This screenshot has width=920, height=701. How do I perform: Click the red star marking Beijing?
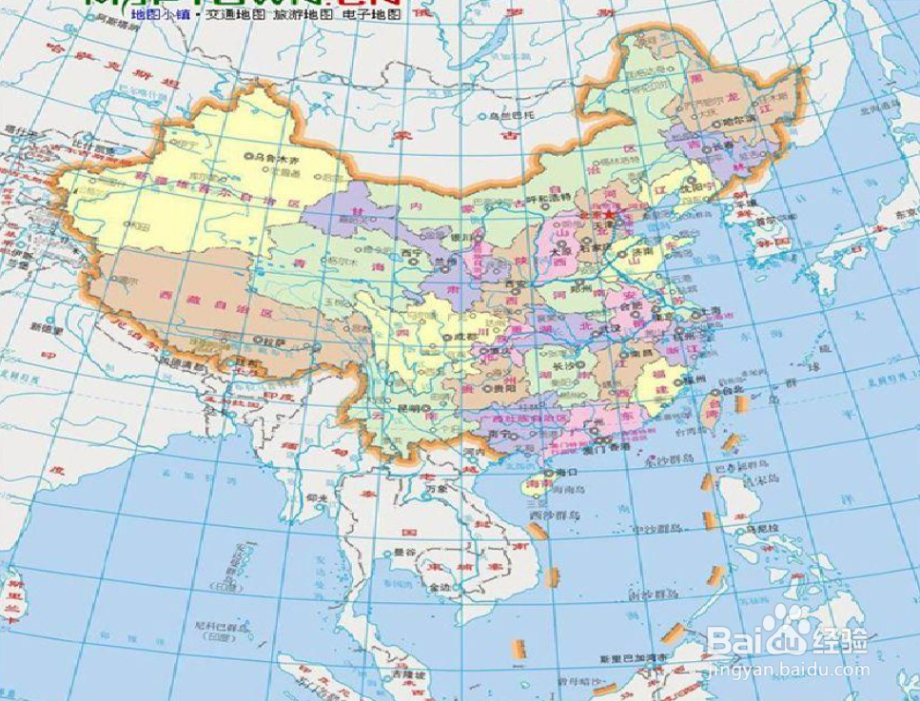609,214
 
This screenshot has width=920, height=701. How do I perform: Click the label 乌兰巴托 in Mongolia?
505,116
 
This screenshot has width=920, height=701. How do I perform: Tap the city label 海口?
567,472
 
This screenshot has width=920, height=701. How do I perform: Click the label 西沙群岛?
547,515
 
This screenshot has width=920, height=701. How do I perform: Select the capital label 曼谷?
404,552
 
